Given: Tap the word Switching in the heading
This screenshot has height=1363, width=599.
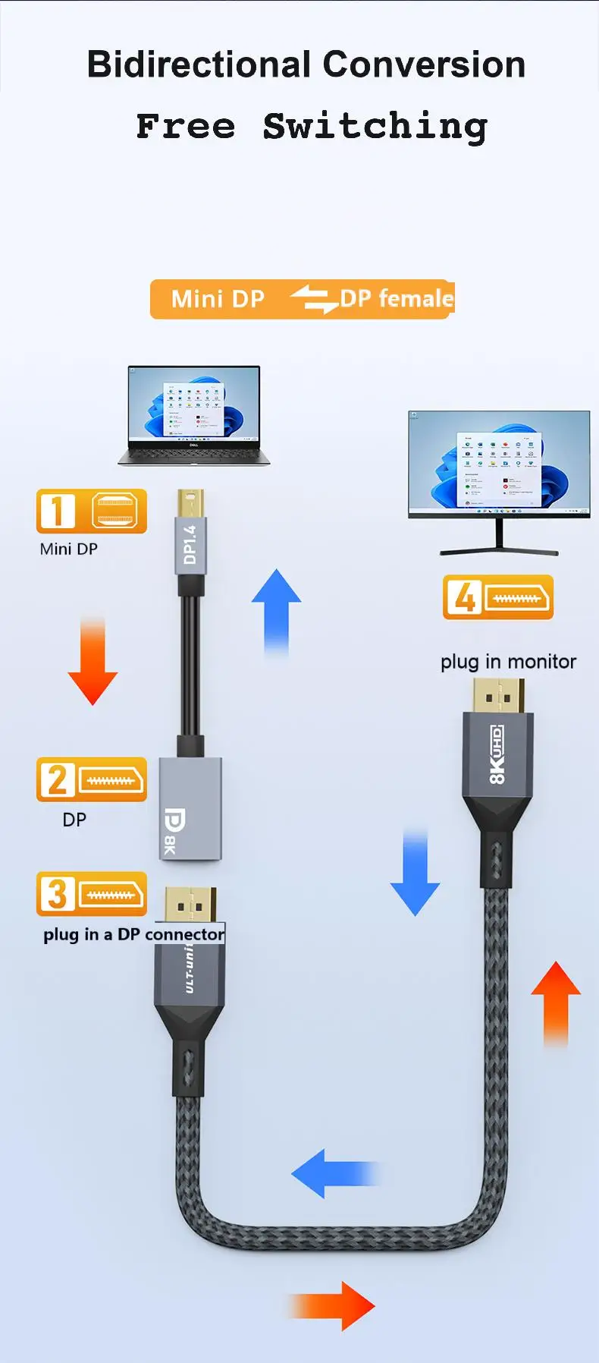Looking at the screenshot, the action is click(x=375, y=127).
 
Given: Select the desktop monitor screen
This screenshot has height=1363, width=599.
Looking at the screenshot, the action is click(x=499, y=464).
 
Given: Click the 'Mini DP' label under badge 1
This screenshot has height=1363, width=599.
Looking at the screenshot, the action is click(x=69, y=549).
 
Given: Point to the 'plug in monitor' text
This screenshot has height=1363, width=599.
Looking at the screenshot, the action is click(x=508, y=662).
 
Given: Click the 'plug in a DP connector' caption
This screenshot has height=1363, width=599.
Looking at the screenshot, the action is click(x=133, y=934).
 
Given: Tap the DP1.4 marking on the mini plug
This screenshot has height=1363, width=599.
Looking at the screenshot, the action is click(x=190, y=544).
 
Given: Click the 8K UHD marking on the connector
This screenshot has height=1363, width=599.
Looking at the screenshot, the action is click(x=497, y=755).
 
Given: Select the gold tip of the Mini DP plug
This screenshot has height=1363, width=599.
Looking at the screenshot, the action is click(x=190, y=504).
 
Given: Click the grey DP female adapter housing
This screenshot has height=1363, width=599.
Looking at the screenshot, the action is click(x=190, y=809).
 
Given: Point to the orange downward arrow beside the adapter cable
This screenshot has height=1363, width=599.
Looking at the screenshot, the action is click(x=93, y=661).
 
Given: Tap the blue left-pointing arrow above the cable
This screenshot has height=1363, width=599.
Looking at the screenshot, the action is click(x=335, y=1173).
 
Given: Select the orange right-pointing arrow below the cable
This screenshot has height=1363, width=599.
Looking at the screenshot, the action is click(x=331, y=1306).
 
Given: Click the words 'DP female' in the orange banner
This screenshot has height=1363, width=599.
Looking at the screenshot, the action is click(x=397, y=298).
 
